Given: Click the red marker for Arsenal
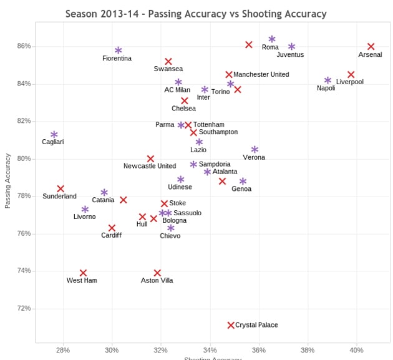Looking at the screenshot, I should pos(371,47).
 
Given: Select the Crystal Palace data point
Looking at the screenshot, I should pos(231,325).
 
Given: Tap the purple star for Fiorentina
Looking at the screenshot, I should pos(118,51).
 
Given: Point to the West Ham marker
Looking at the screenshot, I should pos(83,273).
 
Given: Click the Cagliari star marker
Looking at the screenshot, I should pos(54,134).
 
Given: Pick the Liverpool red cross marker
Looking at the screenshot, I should pos(351,74).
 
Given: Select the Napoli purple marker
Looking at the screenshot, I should pos(327,80).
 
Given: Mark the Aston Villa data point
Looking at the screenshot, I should pos(157,273).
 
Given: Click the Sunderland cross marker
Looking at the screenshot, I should pos(61,188).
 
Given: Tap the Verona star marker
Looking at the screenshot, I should pos(255,149).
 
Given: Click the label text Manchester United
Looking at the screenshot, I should pos(261,75).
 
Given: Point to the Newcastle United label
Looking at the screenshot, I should pos(150,166).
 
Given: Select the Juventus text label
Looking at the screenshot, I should pos(290,55).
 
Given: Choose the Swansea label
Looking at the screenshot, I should pos(168,69).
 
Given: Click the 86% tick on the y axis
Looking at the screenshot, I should pos(23,46).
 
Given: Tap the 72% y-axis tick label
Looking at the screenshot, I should pos(23,308).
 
